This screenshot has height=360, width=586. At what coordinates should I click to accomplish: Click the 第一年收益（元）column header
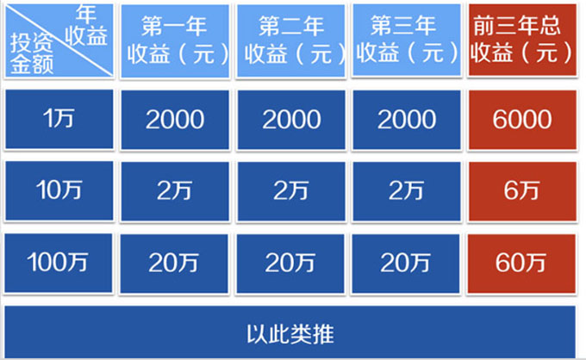click(175, 41)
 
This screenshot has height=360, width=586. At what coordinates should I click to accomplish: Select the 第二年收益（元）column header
click(291, 41)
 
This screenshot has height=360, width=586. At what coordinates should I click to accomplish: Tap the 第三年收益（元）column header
click(407, 40)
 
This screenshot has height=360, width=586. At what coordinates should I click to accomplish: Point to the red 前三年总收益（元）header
click(522, 40)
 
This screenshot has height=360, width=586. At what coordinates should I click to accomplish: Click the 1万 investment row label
click(59, 119)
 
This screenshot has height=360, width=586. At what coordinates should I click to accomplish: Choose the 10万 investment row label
click(59, 191)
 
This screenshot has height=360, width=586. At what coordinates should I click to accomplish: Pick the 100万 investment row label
click(59, 263)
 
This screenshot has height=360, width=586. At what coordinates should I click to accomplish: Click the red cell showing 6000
click(522, 120)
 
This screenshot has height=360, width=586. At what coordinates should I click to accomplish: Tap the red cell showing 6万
click(522, 191)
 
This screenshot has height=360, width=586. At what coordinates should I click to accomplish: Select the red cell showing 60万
click(521, 264)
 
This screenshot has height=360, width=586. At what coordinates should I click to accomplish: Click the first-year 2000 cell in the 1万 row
click(175, 120)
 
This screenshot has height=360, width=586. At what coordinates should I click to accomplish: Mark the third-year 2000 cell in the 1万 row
click(407, 120)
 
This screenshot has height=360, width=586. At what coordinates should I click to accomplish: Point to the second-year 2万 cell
click(291, 191)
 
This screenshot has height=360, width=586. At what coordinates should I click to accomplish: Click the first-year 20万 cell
click(174, 264)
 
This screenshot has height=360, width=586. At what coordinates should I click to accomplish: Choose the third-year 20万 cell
click(406, 264)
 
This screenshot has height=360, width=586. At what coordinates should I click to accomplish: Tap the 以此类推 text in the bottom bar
click(290, 334)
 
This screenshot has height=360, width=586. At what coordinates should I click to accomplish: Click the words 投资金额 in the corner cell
click(32, 53)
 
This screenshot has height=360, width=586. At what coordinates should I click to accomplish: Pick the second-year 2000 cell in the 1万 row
click(291, 120)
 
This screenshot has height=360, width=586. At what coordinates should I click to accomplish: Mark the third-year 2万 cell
click(407, 191)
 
